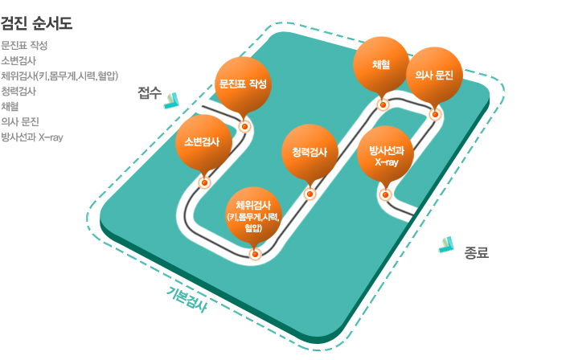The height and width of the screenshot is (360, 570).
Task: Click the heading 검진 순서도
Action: [37, 22]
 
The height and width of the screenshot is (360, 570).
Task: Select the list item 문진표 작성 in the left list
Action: [24, 45]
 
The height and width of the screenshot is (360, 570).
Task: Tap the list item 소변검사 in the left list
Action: [18, 60]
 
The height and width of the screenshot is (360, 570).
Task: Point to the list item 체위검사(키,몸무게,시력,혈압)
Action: [60, 76]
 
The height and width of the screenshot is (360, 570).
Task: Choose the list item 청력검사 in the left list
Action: [18, 91]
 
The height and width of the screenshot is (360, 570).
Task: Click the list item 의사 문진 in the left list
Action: [21, 121]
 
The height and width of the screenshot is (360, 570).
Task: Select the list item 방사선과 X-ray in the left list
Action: [32, 137]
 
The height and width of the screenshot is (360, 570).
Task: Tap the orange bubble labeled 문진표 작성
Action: [243, 84]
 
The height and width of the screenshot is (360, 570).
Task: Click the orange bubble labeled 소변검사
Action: [203, 142]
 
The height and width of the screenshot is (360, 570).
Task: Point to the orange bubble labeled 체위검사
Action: [254, 212]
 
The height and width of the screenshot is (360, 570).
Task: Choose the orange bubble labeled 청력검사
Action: [310, 152]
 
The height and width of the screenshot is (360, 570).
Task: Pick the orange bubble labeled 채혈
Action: [382, 64]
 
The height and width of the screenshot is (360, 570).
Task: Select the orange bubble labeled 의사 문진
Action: [434, 76]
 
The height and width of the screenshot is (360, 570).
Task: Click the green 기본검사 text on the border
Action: [187, 299]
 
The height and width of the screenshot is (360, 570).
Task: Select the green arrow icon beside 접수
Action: [172, 100]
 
